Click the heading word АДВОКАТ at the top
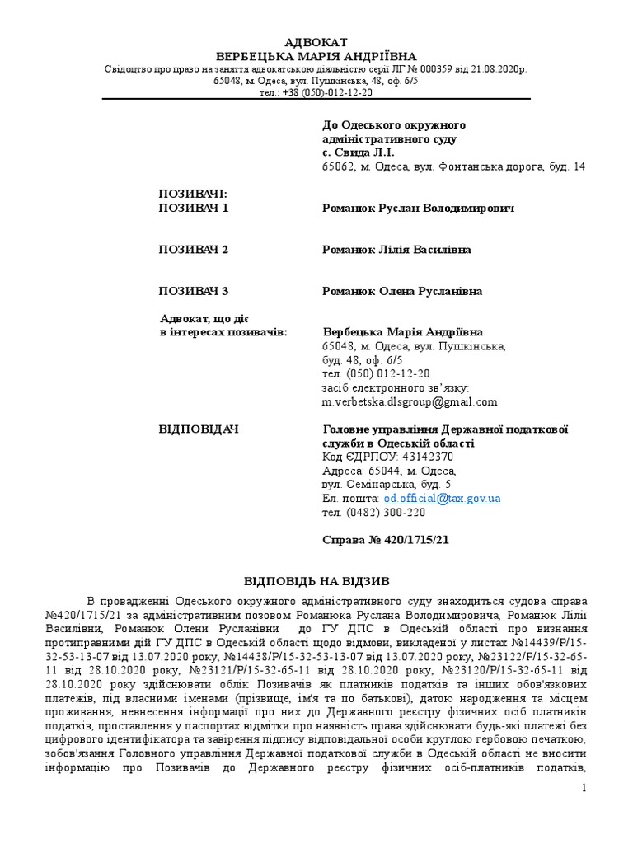(x=316, y=42)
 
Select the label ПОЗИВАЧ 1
(x=194, y=208)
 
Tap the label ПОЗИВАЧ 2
(x=194, y=249)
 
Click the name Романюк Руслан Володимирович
(x=418, y=208)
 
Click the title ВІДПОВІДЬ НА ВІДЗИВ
(x=316, y=581)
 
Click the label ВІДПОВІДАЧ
(x=199, y=429)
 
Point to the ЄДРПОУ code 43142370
(x=426, y=457)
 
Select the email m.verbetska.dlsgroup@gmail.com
(x=410, y=402)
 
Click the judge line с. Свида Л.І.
(x=359, y=152)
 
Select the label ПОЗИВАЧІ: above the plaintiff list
(x=192, y=194)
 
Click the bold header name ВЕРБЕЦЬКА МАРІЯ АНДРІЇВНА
(x=316, y=56)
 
